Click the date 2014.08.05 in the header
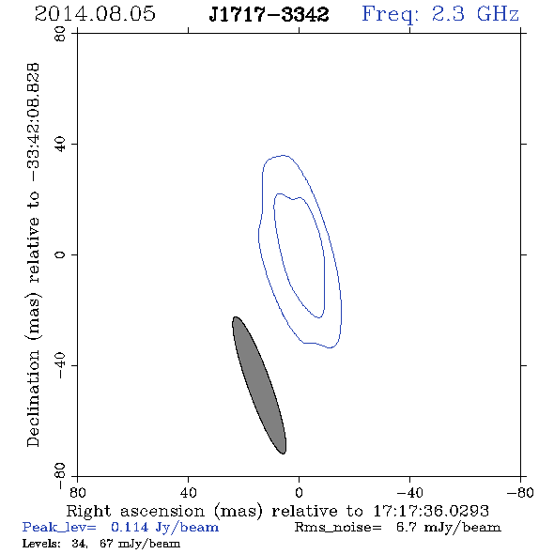[95, 14]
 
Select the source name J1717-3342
[269, 14]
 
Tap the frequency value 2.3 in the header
[448, 14]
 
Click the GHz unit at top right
[498, 14]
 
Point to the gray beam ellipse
[259, 385]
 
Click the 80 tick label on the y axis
[60, 34]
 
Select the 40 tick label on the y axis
[60, 145]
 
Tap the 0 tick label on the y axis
[60, 254]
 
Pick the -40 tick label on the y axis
[60, 365]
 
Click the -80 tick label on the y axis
[60, 476]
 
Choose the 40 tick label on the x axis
[188, 492]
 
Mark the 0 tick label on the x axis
[299, 492]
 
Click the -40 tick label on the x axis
[409, 492]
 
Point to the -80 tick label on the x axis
[520, 492]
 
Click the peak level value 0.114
[130, 527]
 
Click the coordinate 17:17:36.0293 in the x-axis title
[431, 511]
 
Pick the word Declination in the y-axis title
[33, 398]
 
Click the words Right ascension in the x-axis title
[135, 511]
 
